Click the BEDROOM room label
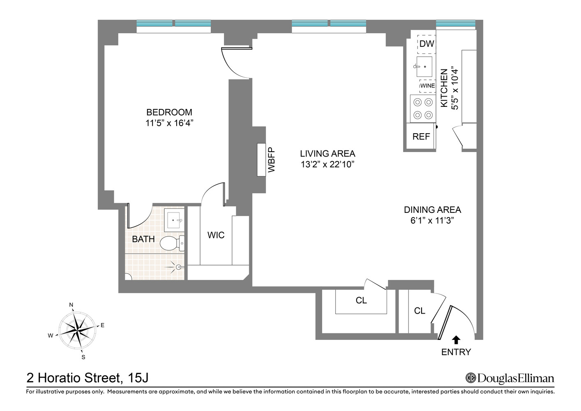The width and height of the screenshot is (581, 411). tap(169, 112)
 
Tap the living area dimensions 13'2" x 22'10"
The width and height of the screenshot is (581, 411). tap(327, 164)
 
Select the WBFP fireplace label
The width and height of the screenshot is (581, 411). tap(271, 159)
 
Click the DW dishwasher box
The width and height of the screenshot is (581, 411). tap(427, 44)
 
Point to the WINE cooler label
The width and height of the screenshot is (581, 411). tap(427, 86)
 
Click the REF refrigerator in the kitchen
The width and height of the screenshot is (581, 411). tap(421, 136)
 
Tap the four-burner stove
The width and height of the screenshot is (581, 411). tap(423, 109)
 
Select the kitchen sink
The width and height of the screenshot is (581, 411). tap(424, 67)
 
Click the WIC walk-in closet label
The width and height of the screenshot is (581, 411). tap(216, 235)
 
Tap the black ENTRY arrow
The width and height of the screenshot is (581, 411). tap(456, 340)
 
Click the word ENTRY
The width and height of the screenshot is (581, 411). tap(456, 352)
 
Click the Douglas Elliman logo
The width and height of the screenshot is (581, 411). tap(510, 378)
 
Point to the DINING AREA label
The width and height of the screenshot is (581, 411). tap(432, 210)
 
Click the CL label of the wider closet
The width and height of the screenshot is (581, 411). tap(361, 300)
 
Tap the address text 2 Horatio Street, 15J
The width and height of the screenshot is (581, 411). tap(87, 378)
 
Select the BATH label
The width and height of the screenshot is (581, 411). tap(143, 239)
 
